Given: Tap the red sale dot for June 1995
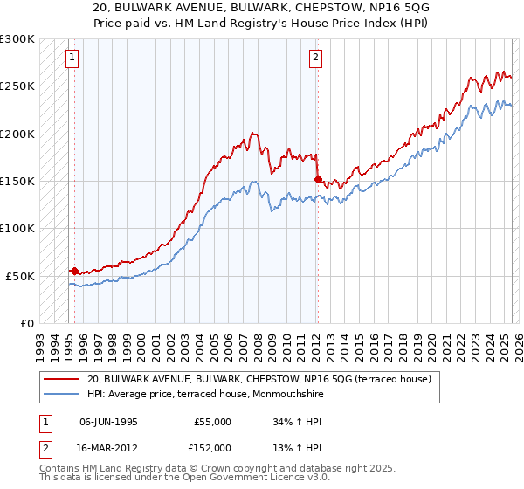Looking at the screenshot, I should tap(74, 271).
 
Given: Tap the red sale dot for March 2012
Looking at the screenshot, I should tap(317, 179).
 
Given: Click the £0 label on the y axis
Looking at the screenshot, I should tap(26, 323).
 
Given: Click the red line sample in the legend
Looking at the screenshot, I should tap(60, 379).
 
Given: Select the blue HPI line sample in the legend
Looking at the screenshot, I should tap(60, 394).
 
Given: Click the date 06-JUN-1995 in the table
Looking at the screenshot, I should tap(108, 422).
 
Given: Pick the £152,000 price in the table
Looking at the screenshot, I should tap(212, 447).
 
